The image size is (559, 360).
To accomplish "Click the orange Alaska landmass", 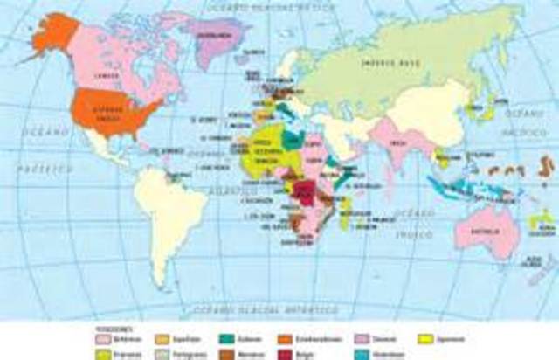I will pyautogui.click(x=53, y=36).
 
